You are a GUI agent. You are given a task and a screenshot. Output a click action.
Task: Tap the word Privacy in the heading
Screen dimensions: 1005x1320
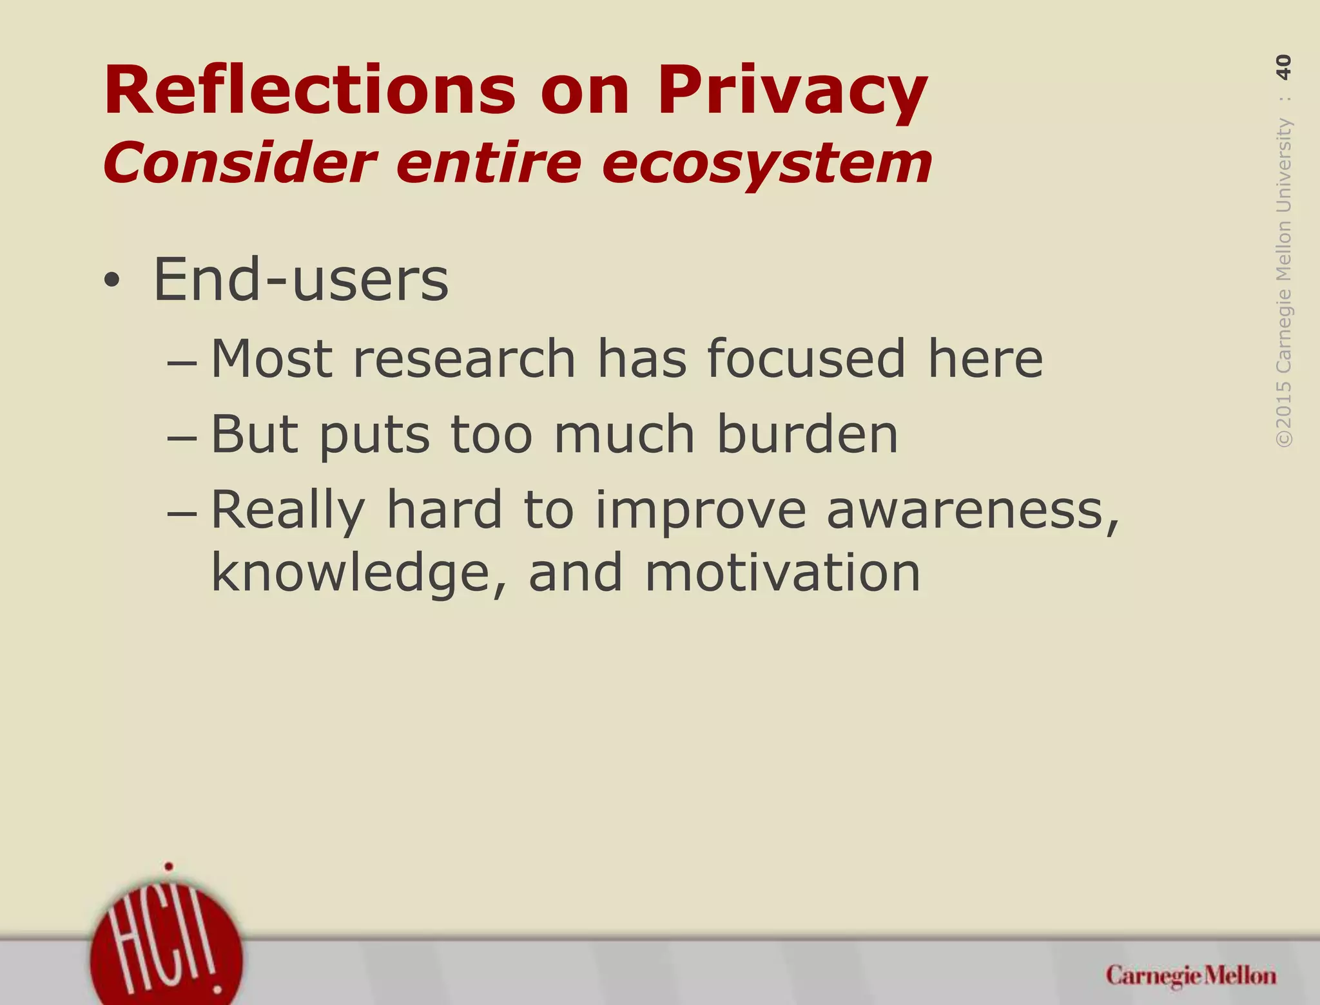(792, 92)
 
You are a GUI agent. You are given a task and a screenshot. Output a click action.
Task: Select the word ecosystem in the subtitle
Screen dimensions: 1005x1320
(766, 162)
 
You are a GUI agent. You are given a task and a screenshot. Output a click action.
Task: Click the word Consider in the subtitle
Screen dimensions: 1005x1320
(238, 162)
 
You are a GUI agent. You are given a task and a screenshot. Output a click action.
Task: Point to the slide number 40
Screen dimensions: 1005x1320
(1283, 67)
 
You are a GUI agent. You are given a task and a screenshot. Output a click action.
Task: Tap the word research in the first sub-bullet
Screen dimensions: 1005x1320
(464, 359)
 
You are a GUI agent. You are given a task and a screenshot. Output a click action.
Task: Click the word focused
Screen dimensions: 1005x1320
(806, 359)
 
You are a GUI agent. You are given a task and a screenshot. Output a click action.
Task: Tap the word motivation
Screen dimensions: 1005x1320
(782, 572)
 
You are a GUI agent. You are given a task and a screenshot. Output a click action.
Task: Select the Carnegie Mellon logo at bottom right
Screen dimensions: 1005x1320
(1190, 976)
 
